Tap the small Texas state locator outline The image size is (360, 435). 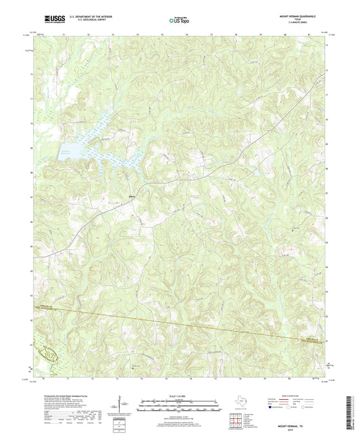tap(243, 403)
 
